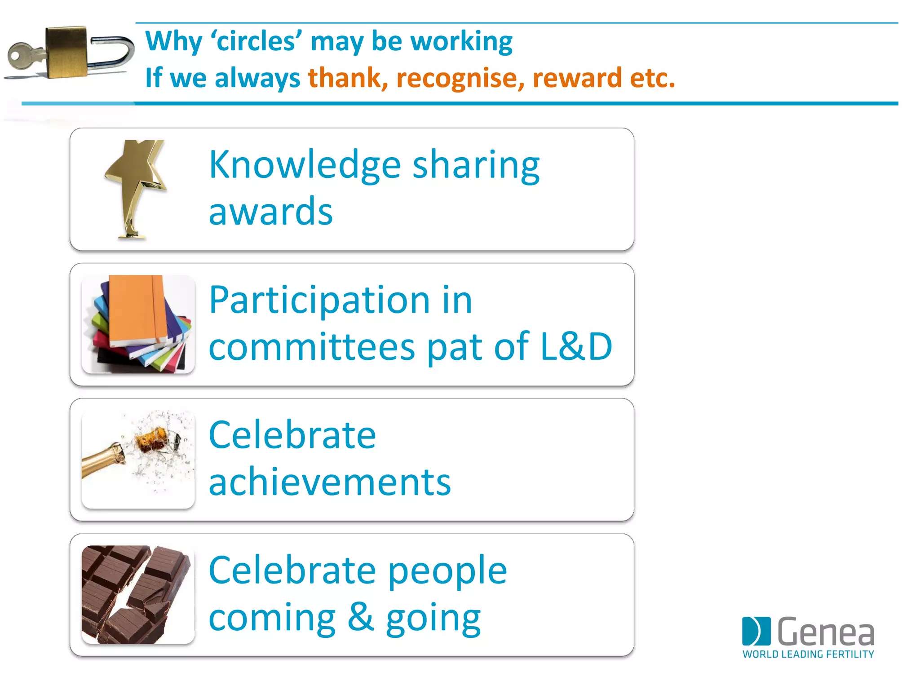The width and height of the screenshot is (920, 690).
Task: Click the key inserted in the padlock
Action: pos(22,57)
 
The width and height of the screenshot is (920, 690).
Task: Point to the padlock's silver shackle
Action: pos(117,52)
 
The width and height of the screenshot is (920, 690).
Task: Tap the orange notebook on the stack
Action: pos(135,310)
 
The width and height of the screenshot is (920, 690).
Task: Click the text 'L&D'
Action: pos(576,346)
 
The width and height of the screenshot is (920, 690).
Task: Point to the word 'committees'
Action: pos(312,347)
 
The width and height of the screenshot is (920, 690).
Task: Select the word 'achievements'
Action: pos(330,482)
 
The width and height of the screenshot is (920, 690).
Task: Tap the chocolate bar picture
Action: pos(137,594)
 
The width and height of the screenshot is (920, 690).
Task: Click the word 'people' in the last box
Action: pos(447,571)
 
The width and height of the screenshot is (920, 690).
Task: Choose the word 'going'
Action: pos(433,618)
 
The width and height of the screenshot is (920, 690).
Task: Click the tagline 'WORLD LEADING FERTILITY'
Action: pos(808,654)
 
